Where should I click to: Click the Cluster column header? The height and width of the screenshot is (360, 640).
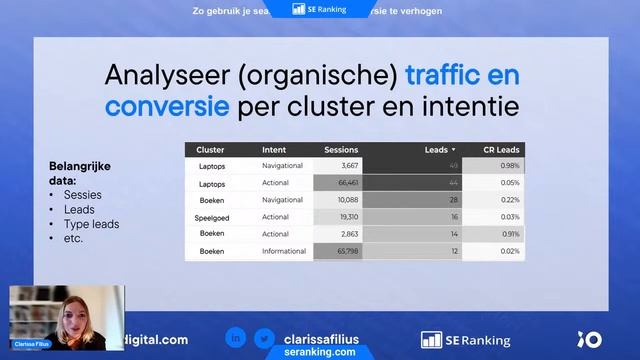(x=211, y=150)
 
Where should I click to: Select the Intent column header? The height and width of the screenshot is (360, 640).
(x=274, y=150)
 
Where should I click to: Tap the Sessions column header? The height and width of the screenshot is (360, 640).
(x=341, y=150)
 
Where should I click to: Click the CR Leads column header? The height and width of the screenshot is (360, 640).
(x=501, y=150)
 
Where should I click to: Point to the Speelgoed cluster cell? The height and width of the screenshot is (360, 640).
(x=214, y=217)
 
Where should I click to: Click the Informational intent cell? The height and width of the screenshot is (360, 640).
(x=284, y=251)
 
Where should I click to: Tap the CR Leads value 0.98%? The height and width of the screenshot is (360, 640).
(x=509, y=165)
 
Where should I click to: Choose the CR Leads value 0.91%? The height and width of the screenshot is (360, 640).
(x=509, y=234)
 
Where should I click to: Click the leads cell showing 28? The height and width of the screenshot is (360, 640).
(x=452, y=200)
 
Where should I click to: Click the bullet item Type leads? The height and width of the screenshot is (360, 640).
(x=91, y=224)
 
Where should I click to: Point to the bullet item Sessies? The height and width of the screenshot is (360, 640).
(x=82, y=195)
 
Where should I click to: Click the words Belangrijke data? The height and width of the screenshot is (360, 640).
(x=80, y=172)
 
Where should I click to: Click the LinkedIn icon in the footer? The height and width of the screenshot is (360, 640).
(x=234, y=339)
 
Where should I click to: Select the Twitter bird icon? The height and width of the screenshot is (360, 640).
(x=264, y=339)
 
